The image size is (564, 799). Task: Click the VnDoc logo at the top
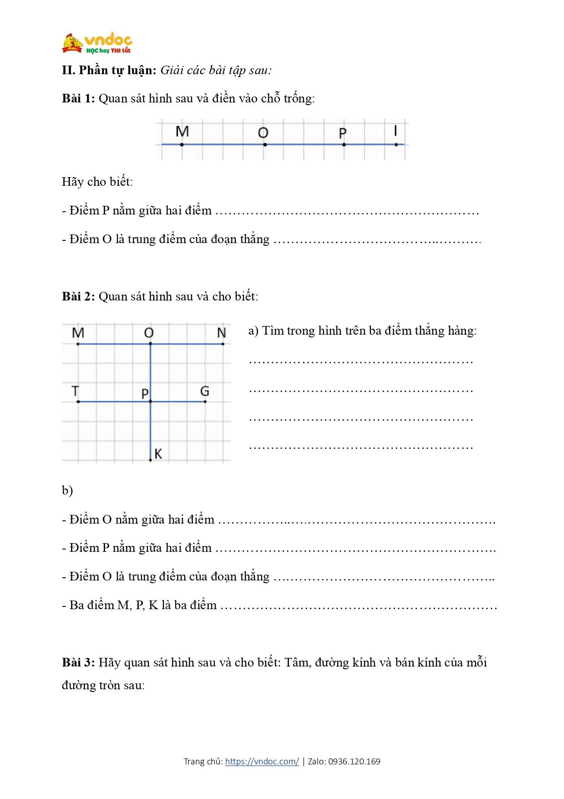(x=97, y=44)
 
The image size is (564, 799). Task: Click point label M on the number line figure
(x=182, y=131)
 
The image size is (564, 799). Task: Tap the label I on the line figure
(x=395, y=131)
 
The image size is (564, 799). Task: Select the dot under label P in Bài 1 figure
(x=344, y=145)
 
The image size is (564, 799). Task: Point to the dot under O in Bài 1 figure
(x=265, y=145)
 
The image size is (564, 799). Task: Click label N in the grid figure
(x=222, y=333)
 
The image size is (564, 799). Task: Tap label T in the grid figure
(x=76, y=391)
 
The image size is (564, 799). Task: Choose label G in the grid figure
(x=205, y=391)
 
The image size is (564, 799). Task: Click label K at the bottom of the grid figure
(x=158, y=453)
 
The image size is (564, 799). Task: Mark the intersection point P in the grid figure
(x=151, y=402)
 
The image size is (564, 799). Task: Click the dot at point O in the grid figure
(x=151, y=344)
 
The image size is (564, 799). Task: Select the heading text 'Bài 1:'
(x=78, y=98)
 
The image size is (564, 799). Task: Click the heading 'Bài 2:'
(x=78, y=296)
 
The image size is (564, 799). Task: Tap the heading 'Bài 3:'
(x=78, y=662)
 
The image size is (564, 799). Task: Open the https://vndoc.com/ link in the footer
(x=262, y=761)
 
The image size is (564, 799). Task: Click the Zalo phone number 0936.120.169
(x=354, y=761)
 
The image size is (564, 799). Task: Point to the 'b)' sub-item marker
(x=67, y=490)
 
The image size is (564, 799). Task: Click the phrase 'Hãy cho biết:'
(x=97, y=182)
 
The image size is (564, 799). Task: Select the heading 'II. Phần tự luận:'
(x=109, y=70)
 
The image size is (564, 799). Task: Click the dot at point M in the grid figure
(x=78, y=344)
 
